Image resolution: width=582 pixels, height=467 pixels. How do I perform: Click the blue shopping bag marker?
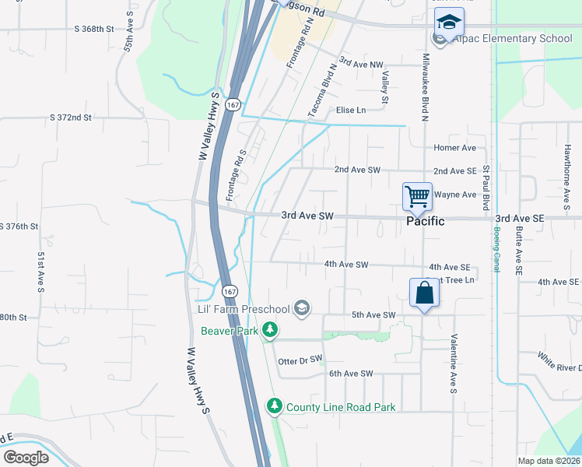tap(424, 294)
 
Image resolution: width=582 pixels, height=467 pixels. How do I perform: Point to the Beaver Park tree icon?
tap(270, 331)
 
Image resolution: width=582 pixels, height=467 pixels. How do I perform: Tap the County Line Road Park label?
tap(341, 407)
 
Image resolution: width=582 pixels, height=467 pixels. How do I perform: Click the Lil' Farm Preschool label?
tap(244, 310)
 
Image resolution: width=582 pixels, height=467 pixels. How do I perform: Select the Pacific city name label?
tap(426, 221)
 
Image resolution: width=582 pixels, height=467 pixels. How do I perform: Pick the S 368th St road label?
tap(94, 29)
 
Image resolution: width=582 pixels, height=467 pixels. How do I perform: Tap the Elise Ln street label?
tap(350, 111)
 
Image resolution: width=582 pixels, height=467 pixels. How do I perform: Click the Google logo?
tap(26, 458)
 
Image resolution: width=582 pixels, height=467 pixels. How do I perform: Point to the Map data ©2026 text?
tap(549, 461)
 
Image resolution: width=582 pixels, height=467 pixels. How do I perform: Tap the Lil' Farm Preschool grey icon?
tap(302, 310)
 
